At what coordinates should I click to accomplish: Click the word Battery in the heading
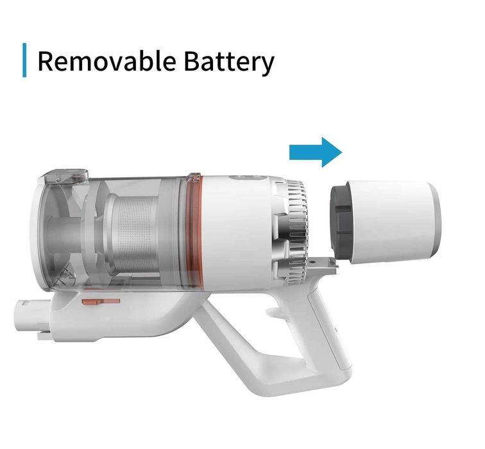click(229, 62)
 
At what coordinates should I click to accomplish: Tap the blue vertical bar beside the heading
click(24, 60)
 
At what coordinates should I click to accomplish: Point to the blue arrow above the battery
click(315, 152)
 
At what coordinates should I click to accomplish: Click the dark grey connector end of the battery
click(341, 222)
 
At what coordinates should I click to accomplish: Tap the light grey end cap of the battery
click(434, 222)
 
